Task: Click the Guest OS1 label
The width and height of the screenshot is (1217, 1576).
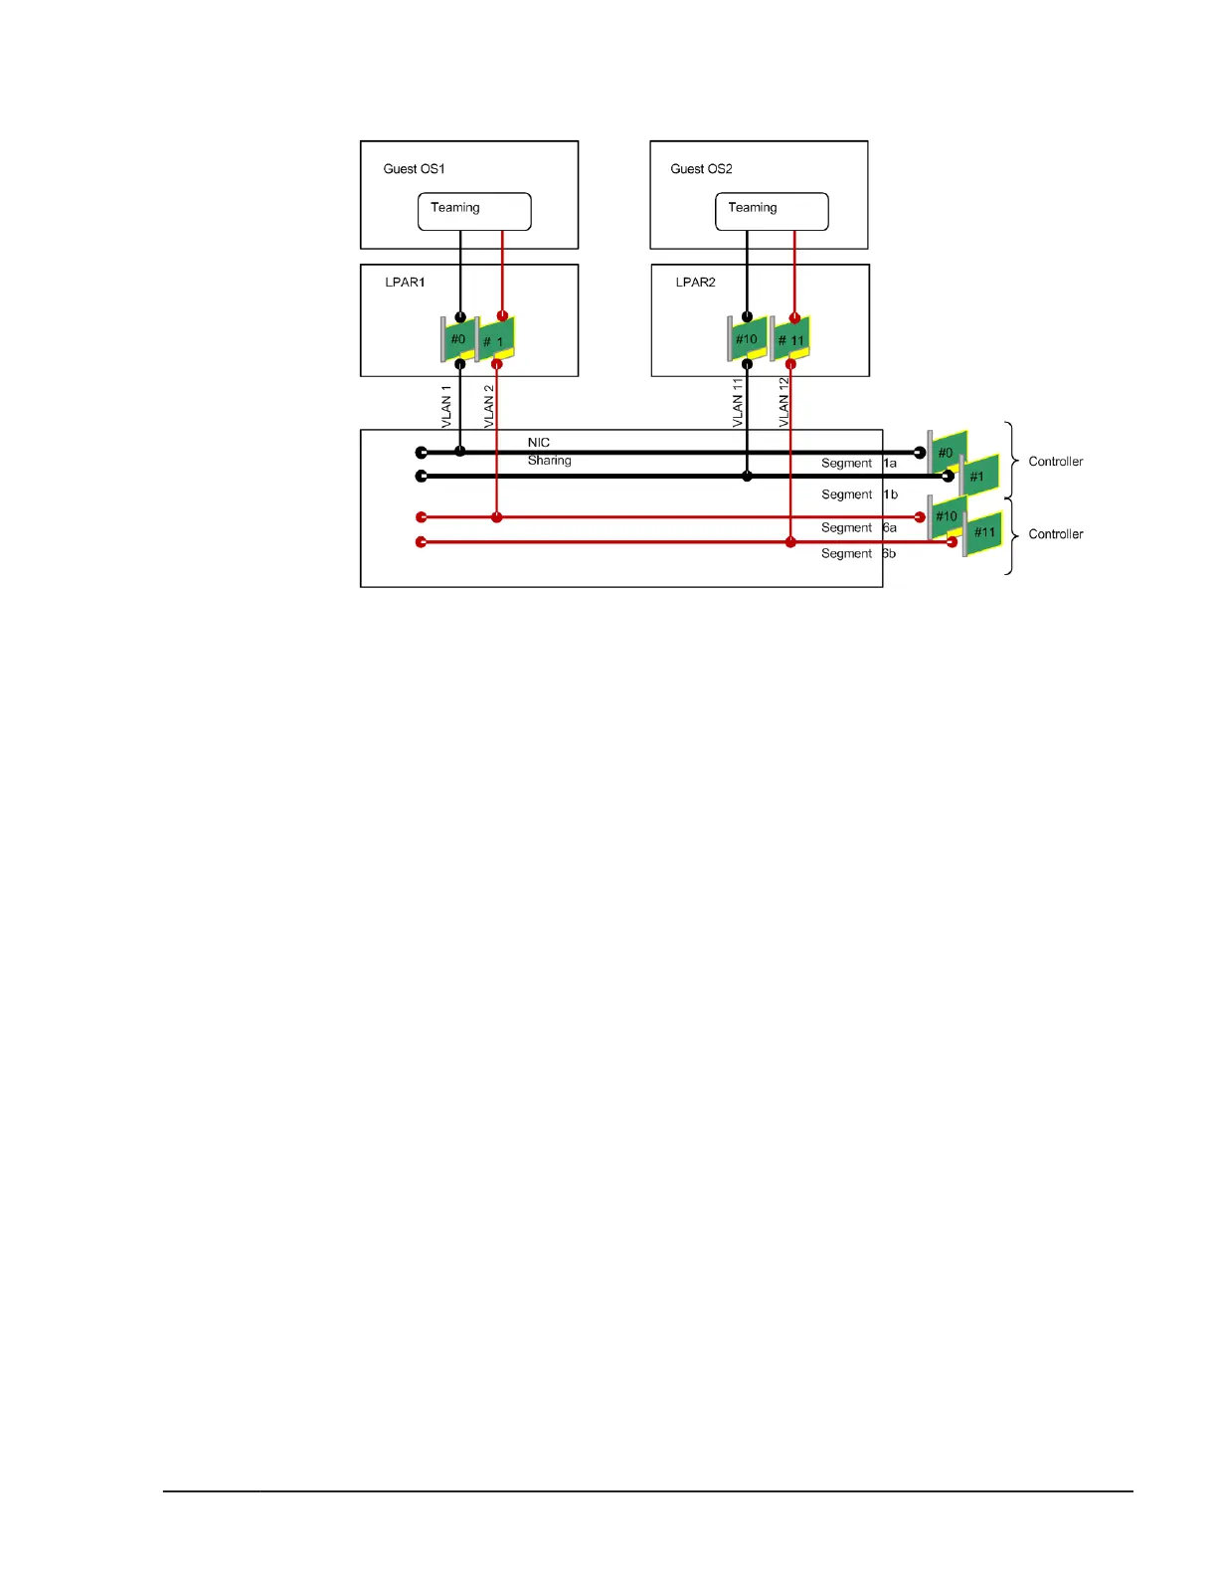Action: click(414, 169)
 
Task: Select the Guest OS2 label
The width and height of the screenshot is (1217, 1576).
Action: click(701, 169)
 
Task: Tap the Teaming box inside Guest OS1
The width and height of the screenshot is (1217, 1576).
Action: click(474, 211)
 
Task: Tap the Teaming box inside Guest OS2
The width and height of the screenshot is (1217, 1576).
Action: click(772, 211)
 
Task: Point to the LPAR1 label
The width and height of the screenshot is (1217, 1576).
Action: click(405, 283)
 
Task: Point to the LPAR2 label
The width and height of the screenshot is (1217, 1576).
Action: click(695, 283)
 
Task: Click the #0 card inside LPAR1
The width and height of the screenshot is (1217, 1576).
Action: click(458, 340)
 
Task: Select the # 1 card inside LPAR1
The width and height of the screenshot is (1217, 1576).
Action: click(496, 341)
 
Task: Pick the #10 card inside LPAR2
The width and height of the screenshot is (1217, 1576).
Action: click(747, 339)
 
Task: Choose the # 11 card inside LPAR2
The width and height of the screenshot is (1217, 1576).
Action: click(791, 340)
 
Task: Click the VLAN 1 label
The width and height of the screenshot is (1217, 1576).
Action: click(446, 406)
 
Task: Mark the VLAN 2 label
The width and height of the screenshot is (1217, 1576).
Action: click(488, 406)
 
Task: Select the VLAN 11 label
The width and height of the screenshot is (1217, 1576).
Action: click(738, 403)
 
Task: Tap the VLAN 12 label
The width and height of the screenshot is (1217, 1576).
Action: click(783, 403)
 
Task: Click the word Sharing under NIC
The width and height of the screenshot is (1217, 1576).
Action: click(549, 461)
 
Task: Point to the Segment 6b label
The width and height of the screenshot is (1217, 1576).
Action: click(858, 554)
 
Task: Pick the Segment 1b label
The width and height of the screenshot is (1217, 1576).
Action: click(859, 494)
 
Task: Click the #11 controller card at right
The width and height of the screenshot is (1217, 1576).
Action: click(984, 533)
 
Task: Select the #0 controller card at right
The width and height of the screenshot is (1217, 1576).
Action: click(948, 453)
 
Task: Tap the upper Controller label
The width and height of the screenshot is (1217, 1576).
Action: click(1055, 462)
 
